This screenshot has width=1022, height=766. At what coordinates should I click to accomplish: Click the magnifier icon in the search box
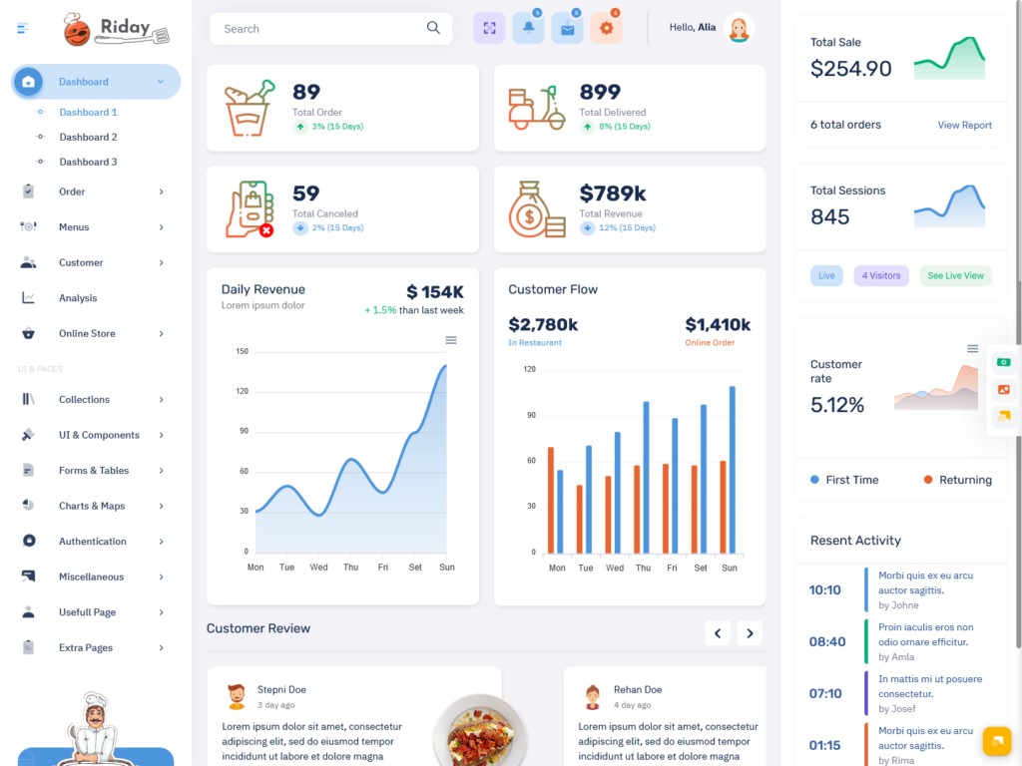click(x=433, y=28)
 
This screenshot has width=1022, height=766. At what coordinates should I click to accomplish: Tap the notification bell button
click(x=528, y=28)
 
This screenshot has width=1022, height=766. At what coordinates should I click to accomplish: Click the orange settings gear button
click(x=606, y=28)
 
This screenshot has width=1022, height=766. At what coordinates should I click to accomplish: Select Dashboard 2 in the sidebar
click(x=88, y=137)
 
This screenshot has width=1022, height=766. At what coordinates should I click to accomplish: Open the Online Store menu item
click(x=87, y=333)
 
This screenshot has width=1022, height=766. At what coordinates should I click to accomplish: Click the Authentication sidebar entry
click(x=92, y=542)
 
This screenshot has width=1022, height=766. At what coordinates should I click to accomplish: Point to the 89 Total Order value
click(x=306, y=92)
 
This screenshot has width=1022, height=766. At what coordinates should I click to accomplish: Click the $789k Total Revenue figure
click(x=613, y=193)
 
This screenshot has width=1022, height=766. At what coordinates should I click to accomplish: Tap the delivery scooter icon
click(x=537, y=108)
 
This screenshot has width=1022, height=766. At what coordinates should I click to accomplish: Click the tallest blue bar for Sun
click(x=732, y=469)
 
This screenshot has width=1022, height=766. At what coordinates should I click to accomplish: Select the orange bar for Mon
click(x=550, y=499)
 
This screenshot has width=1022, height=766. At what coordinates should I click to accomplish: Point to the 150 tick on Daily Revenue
click(x=242, y=351)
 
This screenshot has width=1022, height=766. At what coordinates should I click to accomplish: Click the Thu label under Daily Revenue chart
click(x=350, y=568)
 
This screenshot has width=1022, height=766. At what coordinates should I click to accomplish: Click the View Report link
click(x=964, y=125)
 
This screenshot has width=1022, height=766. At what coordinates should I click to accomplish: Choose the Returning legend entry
click(x=964, y=480)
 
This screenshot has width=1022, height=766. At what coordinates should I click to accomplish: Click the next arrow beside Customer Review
click(x=750, y=632)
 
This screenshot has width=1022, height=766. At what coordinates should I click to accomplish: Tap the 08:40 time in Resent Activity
click(x=827, y=642)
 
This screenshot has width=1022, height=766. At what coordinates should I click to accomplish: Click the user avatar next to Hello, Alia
click(x=739, y=28)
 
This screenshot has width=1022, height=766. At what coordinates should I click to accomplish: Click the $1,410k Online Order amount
click(x=718, y=325)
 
